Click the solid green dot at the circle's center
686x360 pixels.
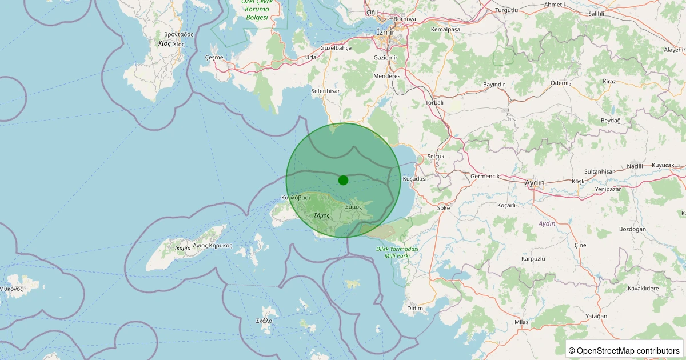coord(343,180)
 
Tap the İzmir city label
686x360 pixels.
coord(387,32)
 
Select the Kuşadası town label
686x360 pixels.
coord(415,179)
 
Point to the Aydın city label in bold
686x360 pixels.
coord(535,183)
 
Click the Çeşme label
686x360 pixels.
coord(213,58)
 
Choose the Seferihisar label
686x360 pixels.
coord(325,91)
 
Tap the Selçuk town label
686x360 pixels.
coord(435,156)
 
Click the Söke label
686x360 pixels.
coord(443,208)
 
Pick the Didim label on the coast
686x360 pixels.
coord(414,309)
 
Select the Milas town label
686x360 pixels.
coord(521,322)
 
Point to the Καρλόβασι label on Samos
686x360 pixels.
coord(296,198)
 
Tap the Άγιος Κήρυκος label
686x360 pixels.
coord(212,245)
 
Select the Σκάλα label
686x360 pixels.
coord(264,321)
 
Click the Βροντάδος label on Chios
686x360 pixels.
coord(178,34)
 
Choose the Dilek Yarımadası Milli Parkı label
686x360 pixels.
coord(397,252)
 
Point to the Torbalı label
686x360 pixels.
coord(434,103)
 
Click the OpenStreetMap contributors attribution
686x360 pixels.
coord(625,350)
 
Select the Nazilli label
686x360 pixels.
coord(635,166)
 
